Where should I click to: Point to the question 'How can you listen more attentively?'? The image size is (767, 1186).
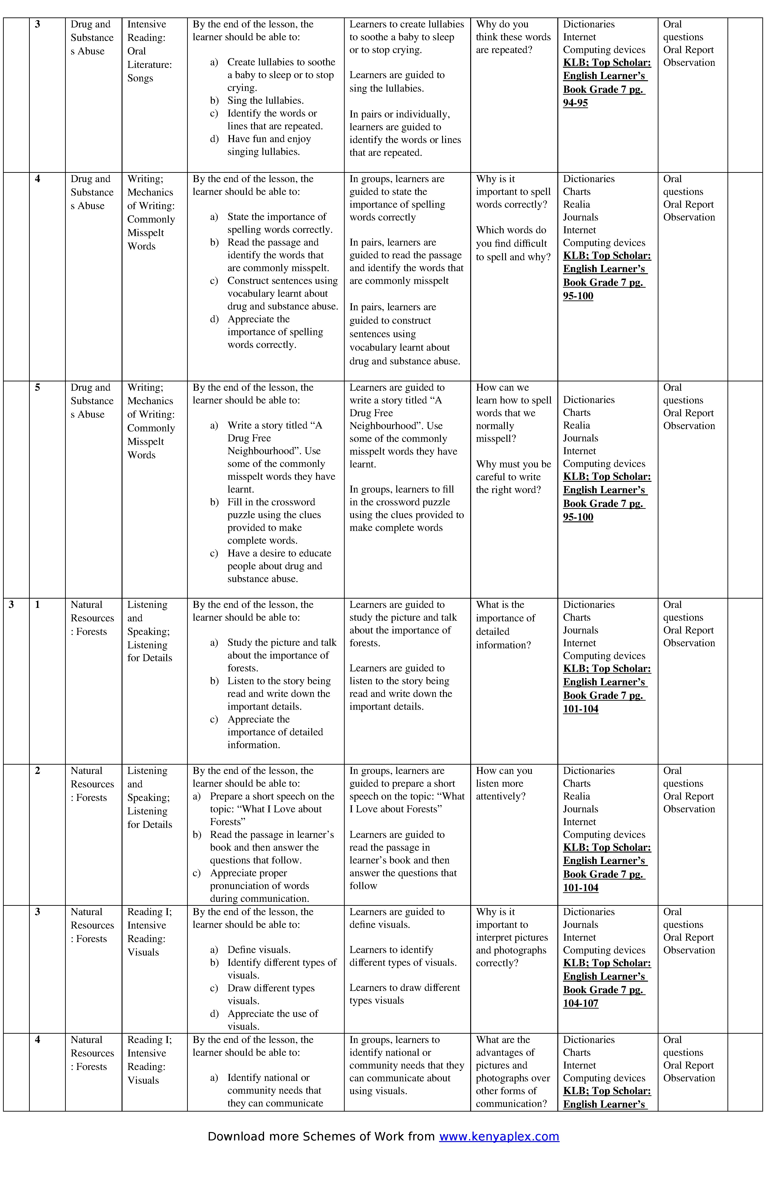504,784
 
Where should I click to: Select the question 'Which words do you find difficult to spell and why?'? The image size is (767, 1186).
513,244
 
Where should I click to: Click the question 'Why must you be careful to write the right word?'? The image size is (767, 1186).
513,477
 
